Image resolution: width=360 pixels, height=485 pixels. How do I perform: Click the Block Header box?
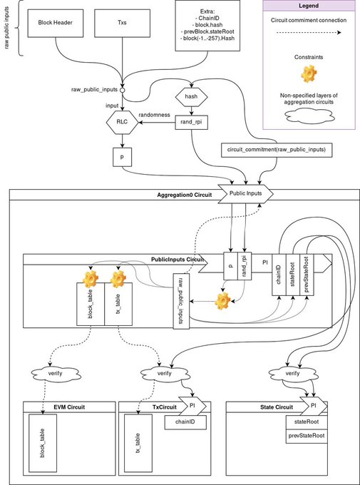[x=56, y=22]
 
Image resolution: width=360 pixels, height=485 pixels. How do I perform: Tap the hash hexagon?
[x=192, y=96]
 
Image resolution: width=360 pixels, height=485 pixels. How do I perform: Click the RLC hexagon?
[x=123, y=122]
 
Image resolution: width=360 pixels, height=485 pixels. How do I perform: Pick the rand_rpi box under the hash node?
[x=192, y=122]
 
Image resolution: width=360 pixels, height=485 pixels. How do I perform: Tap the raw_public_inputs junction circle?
[x=123, y=90]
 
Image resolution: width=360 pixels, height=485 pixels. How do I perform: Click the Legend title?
[x=309, y=6]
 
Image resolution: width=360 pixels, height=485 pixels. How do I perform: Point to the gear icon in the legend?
[x=309, y=73]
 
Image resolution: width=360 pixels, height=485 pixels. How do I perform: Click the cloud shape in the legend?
[x=309, y=117]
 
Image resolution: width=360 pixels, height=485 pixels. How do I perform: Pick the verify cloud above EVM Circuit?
[x=56, y=373]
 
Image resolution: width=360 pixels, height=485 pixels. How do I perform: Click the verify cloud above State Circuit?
[x=292, y=373]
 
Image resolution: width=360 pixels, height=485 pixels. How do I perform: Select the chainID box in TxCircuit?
[x=185, y=422]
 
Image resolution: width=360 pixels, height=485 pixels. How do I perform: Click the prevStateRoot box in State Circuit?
[x=307, y=436]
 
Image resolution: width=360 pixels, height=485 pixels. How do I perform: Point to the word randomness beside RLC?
[x=154, y=115]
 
